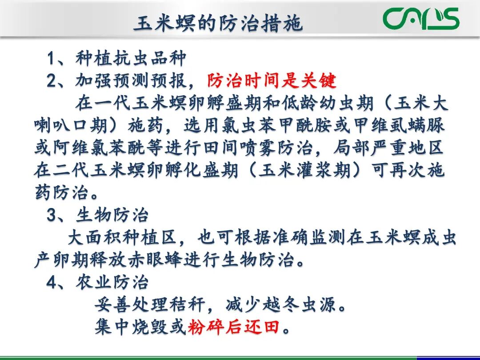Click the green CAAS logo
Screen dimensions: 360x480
(x=421, y=19)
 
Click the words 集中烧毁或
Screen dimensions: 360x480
(x=140, y=328)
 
